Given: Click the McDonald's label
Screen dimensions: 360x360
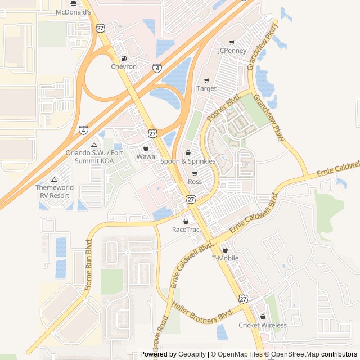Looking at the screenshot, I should pos(73,11).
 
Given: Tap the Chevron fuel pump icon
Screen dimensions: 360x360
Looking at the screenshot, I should pos(124,58).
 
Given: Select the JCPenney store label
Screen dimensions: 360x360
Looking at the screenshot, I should pos(232,51).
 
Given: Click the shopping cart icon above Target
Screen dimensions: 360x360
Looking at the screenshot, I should pos(206,80).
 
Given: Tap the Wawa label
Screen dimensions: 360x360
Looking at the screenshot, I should pos(146,156).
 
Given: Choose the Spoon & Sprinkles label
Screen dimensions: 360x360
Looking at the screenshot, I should pos(188,161).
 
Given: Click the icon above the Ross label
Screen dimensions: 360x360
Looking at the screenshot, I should pos(195,174).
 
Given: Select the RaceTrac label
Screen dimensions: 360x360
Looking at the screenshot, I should pos(186,229).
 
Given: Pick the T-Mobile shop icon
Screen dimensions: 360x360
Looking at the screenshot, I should pos(225,250).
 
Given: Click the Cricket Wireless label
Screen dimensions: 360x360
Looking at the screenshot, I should pos(262,325).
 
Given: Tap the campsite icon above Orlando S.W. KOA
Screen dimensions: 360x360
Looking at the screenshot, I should pos(94,145).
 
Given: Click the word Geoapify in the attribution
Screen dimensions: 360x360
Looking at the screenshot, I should pos(192,354).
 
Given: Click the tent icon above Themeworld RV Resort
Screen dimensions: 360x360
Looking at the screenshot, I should pos(54,179).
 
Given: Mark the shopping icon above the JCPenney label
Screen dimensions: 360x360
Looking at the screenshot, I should pos(232,43).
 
